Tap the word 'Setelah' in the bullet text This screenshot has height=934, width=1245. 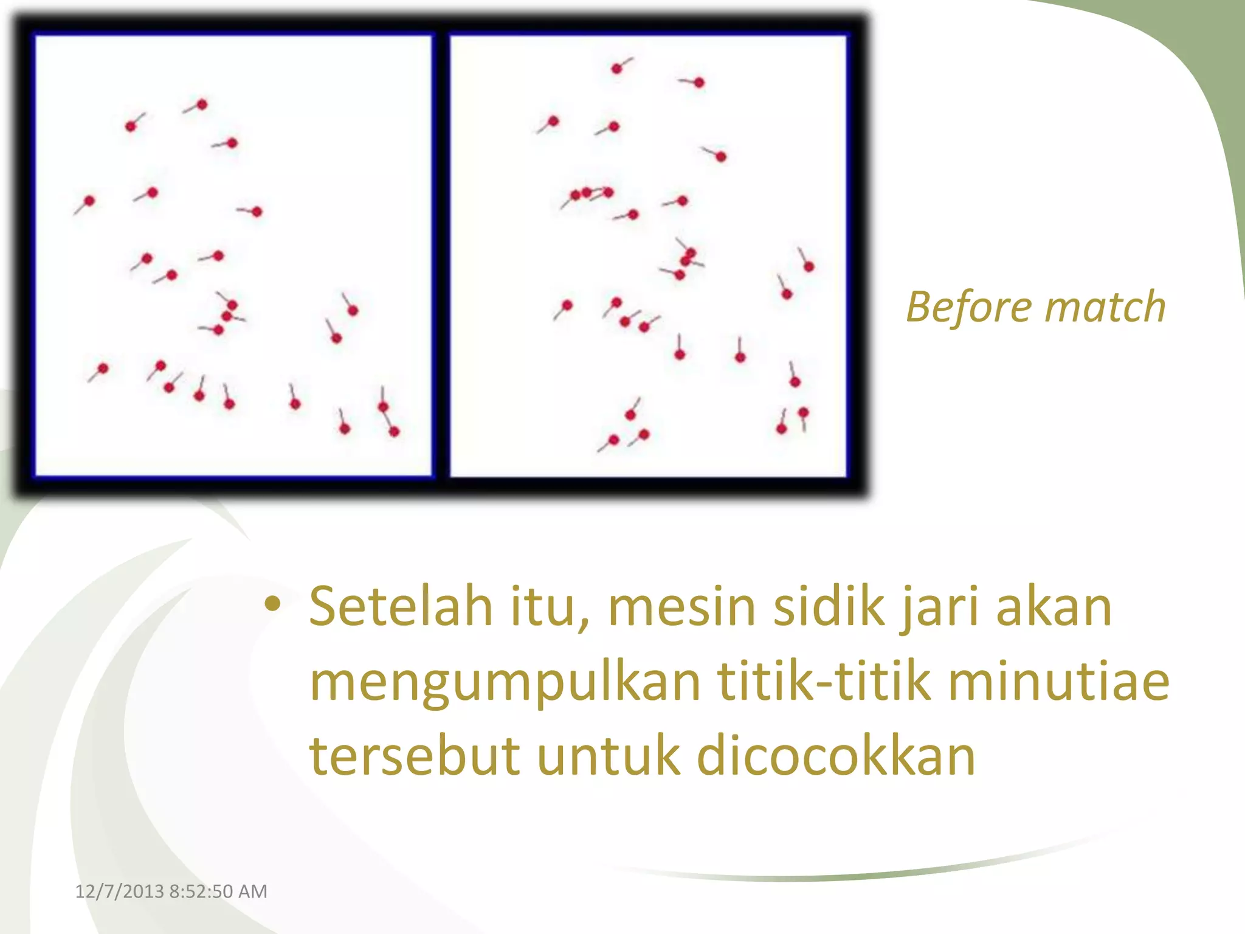(401, 606)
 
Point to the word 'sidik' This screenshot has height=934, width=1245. (829, 606)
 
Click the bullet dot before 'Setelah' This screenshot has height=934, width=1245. (273, 604)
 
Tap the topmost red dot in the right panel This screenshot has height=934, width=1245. (616, 69)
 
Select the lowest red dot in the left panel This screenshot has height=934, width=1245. (394, 432)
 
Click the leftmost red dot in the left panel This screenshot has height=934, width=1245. (89, 201)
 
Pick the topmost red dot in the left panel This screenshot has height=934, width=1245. (202, 105)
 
